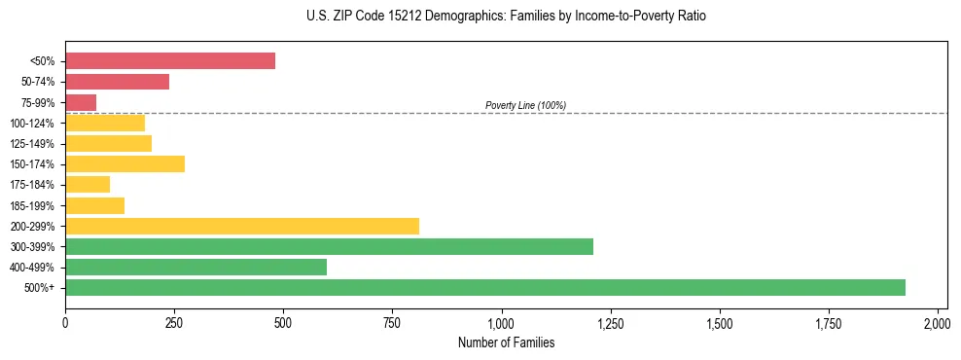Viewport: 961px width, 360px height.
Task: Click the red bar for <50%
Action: (x=170, y=61)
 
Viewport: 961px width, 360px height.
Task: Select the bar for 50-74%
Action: (x=118, y=82)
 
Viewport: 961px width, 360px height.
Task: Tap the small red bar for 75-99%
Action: (x=81, y=102)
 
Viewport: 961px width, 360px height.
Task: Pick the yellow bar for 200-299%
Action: (x=242, y=226)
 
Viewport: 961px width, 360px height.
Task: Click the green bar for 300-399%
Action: (x=329, y=246)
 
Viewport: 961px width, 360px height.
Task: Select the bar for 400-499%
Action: (x=196, y=267)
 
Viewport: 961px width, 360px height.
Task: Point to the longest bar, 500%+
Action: (x=485, y=287)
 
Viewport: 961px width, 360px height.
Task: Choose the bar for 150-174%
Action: (x=125, y=164)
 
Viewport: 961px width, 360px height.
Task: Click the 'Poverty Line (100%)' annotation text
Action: (x=525, y=105)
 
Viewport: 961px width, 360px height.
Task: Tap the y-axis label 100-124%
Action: (x=33, y=124)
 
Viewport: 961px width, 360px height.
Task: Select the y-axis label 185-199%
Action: (x=33, y=205)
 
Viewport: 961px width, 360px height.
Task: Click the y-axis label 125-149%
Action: (x=33, y=144)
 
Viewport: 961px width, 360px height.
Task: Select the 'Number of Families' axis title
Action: (x=502, y=342)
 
